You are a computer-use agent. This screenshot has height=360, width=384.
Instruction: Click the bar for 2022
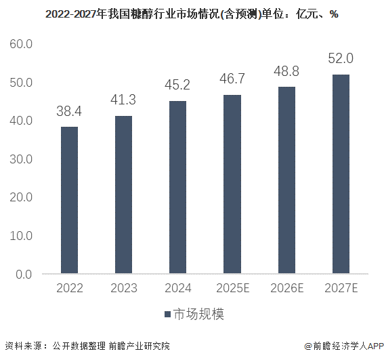click(69, 200)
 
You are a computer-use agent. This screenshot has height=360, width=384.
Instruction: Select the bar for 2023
click(123, 195)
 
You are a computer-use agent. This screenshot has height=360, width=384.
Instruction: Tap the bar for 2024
click(177, 187)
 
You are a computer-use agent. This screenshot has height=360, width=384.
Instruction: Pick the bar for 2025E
click(232, 184)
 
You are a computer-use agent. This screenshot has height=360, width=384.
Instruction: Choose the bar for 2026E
click(286, 180)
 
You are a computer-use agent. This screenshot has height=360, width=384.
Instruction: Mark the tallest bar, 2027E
click(341, 174)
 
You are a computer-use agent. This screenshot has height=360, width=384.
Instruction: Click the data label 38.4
click(69, 111)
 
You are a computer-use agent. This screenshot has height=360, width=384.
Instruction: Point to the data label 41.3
click(123, 100)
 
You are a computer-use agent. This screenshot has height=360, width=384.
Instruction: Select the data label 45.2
click(177, 85)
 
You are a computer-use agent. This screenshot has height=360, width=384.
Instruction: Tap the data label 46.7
click(232, 79)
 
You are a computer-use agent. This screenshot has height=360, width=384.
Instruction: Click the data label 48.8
click(286, 71)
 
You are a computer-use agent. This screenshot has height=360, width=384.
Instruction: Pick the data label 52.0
click(341, 59)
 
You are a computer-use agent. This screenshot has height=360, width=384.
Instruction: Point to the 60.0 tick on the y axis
click(20, 44)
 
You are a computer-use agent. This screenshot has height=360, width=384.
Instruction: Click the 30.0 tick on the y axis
click(20, 159)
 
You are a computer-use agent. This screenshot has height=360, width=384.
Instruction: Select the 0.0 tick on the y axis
click(23, 275)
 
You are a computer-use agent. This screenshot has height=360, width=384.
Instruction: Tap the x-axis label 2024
click(177, 288)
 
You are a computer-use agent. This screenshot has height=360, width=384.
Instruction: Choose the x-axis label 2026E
click(286, 288)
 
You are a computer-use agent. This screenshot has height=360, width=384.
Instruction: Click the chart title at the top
click(192, 14)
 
